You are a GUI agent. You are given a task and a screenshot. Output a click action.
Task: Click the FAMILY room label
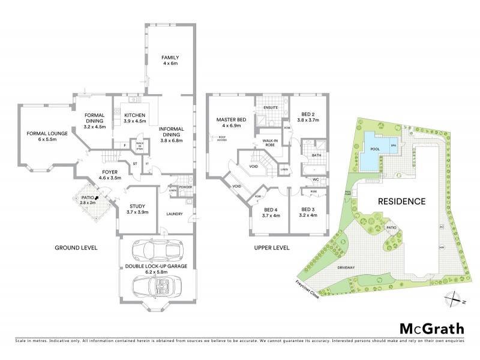pyautogui.click(x=170, y=58)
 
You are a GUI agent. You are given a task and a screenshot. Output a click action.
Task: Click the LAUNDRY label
pyautogui.click(x=175, y=214)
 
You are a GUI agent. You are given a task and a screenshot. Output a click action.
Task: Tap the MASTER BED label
pyautogui.click(x=228, y=119)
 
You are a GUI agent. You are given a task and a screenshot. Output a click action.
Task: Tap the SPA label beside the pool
pyautogui.click(x=394, y=146)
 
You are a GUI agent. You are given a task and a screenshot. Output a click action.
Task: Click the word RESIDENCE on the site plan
pyautogui.click(x=401, y=202)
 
